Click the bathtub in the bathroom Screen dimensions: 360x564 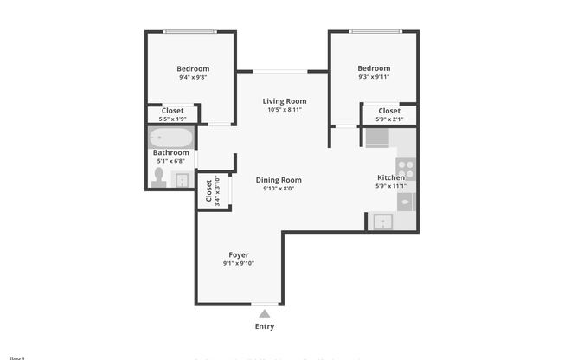[x=170, y=138]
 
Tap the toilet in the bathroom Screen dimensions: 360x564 [x=158, y=177]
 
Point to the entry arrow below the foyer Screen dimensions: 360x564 [x=265, y=313]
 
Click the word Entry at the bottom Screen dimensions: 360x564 [x=265, y=326]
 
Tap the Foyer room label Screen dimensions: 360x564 [x=239, y=254]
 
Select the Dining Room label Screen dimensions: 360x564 [x=279, y=179]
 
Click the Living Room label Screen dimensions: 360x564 [x=285, y=101]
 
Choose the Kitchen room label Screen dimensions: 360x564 [x=391, y=177]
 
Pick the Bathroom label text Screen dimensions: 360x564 [x=171, y=152]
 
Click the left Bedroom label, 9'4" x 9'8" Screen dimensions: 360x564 [x=193, y=68]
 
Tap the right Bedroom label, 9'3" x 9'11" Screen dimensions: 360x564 [x=374, y=68]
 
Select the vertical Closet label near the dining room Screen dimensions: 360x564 [x=208, y=192]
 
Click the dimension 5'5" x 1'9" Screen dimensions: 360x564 [x=172, y=119]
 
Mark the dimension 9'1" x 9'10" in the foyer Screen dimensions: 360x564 [x=239, y=263]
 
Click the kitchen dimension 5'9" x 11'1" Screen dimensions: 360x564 [x=391, y=186]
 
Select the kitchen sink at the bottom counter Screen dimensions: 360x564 [x=381, y=222]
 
